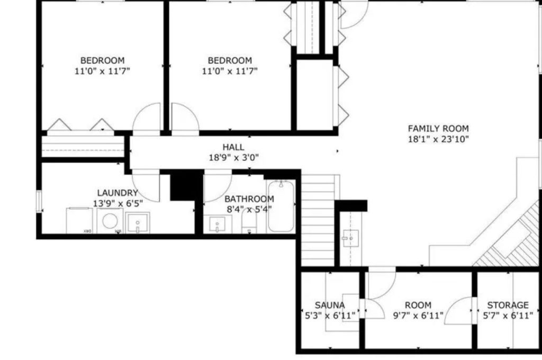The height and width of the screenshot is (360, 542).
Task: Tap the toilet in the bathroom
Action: click(249, 224)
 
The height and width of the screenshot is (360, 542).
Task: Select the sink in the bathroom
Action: click(216, 225)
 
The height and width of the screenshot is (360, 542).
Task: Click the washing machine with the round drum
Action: click(111, 220)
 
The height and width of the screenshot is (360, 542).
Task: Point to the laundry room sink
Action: click(138, 223)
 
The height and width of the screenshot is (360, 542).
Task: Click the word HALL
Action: click(233, 147)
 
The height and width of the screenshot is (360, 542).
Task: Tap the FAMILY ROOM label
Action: click(438, 128)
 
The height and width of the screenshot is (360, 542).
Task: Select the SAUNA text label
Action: click(329, 305)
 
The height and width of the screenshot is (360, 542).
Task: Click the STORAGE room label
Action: click(508, 305)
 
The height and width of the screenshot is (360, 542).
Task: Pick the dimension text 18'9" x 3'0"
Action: click(233, 157)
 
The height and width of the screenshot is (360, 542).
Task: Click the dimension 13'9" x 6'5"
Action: click(118, 203)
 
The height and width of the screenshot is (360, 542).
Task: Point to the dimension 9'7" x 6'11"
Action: click(418, 315)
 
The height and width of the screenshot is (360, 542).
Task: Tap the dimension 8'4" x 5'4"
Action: click(249, 209)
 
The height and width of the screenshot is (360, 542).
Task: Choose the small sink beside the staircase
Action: click(349, 238)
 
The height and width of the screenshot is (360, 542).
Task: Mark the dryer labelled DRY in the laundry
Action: click(79, 220)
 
